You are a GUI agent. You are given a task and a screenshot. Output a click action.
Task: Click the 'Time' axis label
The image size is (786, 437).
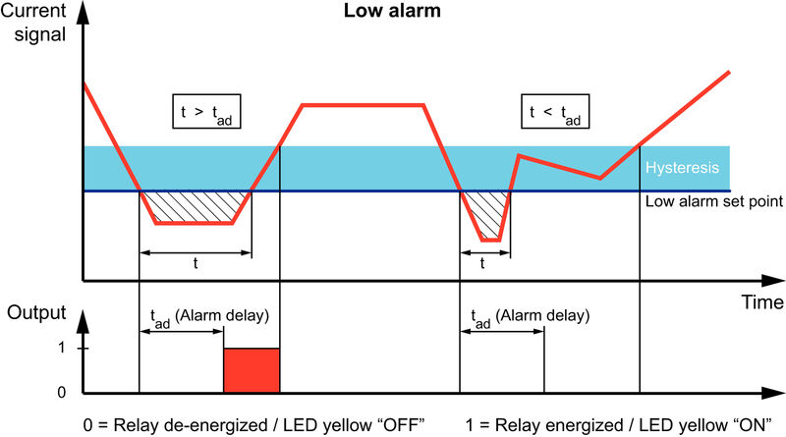(x=762, y=300)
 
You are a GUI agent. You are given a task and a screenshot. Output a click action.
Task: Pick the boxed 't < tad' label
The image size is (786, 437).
(x=548, y=114)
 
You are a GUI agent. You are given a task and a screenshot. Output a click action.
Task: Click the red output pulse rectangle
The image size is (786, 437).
(x=252, y=370)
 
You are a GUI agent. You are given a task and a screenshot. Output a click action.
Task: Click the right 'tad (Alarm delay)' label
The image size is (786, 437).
(x=529, y=316)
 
